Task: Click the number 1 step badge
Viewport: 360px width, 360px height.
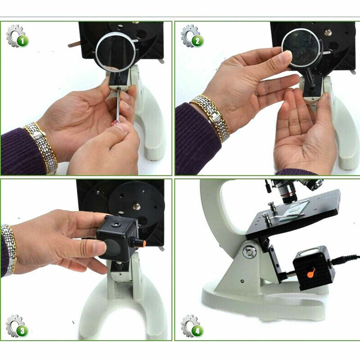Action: (x=22, y=41)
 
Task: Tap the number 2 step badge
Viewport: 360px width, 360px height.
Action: (x=196, y=41)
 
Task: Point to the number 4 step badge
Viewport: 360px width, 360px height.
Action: (x=196, y=331)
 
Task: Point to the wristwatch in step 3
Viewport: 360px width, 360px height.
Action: (x=8, y=247)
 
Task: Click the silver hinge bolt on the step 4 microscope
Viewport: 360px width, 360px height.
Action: (x=249, y=251)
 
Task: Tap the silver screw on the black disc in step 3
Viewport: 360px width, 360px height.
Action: (x=136, y=207)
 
